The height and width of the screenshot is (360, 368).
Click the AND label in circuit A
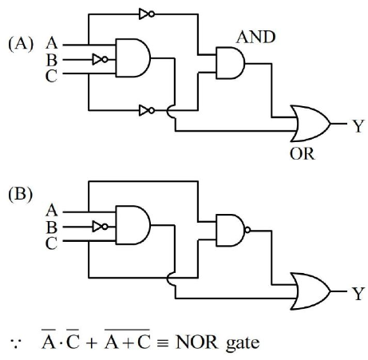255,37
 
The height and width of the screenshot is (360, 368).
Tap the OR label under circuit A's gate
302,154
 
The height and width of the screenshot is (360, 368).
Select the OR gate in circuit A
311,124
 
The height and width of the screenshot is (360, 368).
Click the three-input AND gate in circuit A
133,58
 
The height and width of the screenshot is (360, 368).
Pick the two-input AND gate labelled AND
231,63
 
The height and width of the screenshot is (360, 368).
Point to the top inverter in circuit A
147,14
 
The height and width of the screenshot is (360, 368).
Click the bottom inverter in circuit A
147,110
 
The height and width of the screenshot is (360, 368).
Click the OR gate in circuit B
311,291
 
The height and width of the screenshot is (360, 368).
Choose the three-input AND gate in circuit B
133,225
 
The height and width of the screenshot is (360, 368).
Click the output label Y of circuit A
358,125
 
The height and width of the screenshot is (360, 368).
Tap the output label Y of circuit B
358,293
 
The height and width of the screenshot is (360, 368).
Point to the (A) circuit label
21,44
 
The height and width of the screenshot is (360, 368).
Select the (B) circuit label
21,195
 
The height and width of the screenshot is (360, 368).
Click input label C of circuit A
51,76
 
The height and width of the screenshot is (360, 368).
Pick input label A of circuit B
52,210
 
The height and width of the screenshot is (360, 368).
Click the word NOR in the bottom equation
196,342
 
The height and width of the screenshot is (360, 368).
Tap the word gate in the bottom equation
243,343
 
